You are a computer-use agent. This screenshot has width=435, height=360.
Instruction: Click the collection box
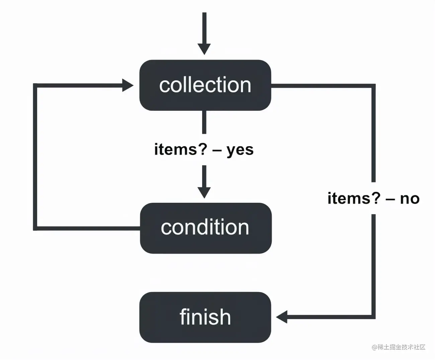point(205,85)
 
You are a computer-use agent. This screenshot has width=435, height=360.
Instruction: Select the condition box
point(205,228)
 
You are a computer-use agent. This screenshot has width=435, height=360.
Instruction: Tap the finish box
point(205,317)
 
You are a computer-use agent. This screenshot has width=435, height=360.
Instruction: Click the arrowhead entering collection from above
point(204,49)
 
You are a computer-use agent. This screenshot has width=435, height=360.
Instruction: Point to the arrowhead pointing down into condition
point(204,192)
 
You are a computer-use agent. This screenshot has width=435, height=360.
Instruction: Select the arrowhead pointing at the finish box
point(282,317)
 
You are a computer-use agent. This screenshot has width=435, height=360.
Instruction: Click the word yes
point(240,150)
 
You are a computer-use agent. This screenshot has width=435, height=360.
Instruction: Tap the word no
point(410,199)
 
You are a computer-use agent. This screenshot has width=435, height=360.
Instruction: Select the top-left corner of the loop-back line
point(35,85)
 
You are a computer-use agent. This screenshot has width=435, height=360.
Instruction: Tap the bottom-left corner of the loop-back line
point(35,229)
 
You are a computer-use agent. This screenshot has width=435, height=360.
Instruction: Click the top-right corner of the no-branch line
point(373,86)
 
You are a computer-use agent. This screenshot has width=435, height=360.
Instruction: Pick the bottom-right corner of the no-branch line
point(373,317)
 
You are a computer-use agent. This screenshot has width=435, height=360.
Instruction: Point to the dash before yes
point(217,150)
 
